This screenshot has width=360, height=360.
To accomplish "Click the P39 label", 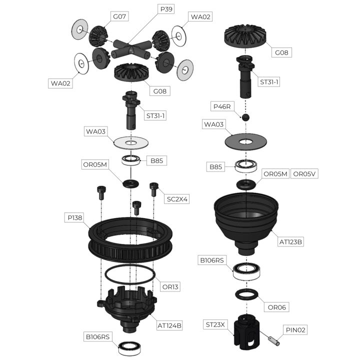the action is click(166, 9).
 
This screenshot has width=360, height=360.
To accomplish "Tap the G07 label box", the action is click(119, 16).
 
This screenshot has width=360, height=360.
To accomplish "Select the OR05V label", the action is click(304, 174).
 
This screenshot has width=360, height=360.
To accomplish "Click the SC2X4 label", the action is click(177, 199).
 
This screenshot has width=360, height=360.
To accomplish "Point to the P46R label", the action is click(222, 106).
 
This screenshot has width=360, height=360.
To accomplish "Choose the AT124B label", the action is click(169, 325).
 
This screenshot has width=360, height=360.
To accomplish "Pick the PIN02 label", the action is click(295, 330).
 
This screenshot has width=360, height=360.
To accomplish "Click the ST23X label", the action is click(215, 324).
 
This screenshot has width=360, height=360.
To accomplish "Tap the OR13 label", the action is click(170, 287).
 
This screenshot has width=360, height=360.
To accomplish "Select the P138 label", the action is click(74, 217).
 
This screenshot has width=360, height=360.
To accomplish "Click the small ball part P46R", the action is click(245, 117).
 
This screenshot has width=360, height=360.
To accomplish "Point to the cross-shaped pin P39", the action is click(131, 49).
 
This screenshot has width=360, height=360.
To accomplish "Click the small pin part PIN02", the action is click(274, 340).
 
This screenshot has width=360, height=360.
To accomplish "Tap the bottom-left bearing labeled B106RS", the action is click(129, 348).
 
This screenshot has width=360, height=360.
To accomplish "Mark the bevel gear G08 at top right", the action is click(245, 36).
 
